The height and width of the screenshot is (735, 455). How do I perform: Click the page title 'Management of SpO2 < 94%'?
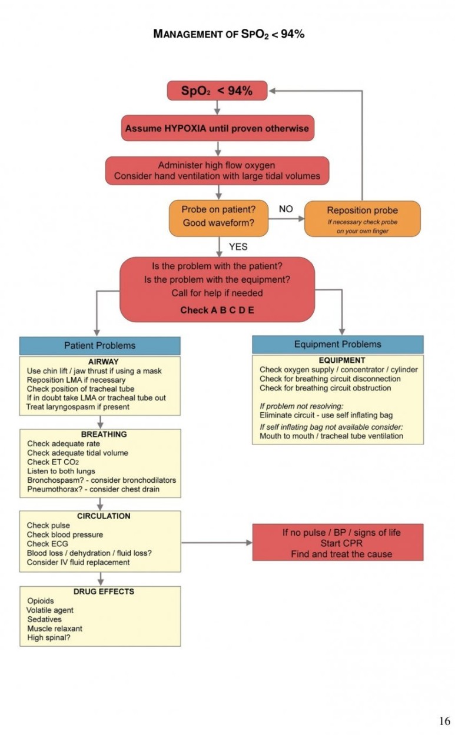pos(228,34)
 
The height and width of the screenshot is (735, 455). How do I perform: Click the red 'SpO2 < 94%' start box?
pos(217,91)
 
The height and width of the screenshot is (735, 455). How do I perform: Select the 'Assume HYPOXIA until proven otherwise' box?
pos(217,128)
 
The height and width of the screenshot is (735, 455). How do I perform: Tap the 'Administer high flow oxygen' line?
pos(217,165)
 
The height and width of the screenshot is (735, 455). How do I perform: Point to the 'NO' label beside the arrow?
pos(286,209)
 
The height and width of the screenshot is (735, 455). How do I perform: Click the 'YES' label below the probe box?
pos(238,247)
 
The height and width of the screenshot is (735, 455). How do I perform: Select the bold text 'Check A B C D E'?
pos(217,310)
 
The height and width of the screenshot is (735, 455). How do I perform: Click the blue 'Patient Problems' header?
pos(99,345)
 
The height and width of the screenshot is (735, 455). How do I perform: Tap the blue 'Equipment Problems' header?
pos(337,344)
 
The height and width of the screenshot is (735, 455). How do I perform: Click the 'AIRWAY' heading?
pos(99,362)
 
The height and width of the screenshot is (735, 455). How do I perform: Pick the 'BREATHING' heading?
pos(99,435)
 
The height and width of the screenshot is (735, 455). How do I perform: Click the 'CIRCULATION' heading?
pos(99,516)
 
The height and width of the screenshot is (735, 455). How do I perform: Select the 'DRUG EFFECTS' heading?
pos(99,592)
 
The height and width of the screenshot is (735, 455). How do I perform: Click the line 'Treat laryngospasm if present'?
pos(78,407)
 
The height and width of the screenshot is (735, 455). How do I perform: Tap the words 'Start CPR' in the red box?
pos(337,543)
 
